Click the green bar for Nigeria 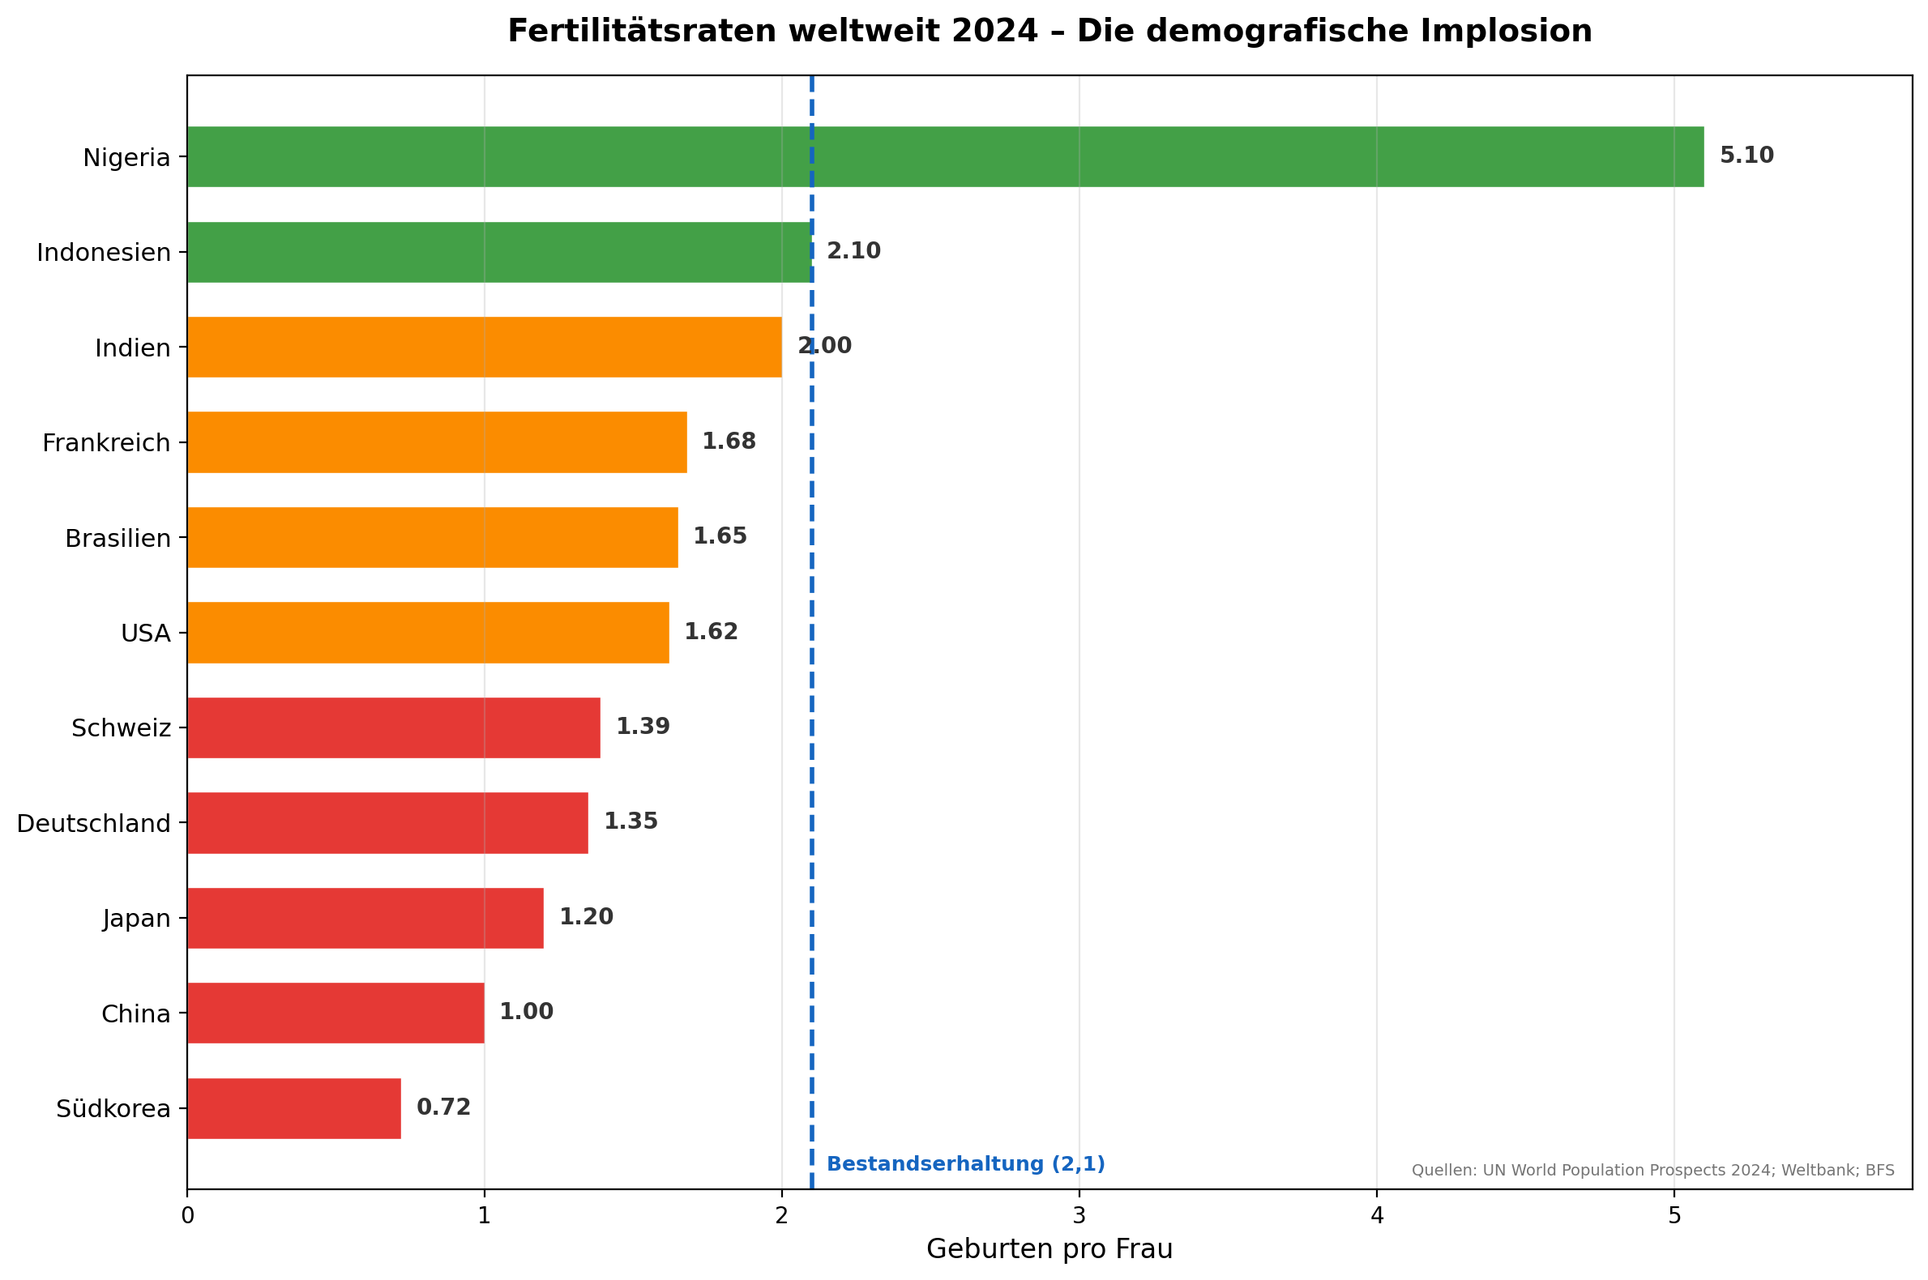(945, 156)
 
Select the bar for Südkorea (294, 1108)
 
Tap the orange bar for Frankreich (437, 442)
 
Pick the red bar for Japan (365, 919)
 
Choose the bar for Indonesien (498, 252)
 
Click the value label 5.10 (1746, 156)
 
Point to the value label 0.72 (443, 1107)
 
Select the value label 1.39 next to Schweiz (643, 727)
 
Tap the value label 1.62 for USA (711, 632)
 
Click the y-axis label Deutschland (94, 824)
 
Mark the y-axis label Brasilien (118, 539)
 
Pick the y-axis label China (135, 1014)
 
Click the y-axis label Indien (132, 348)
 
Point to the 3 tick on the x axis (1079, 1216)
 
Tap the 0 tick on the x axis (187, 1216)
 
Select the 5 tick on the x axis (1674, 1216)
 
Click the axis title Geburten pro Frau (1049, 1250)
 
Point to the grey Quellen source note (1652, 1171)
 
